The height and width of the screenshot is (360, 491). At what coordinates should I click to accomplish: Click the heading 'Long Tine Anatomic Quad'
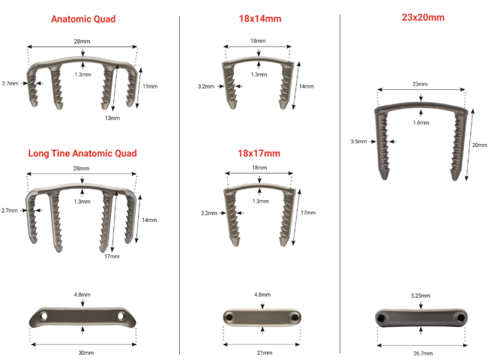[x=82, y=153]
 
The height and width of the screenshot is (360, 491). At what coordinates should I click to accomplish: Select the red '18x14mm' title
[x=259, y=18]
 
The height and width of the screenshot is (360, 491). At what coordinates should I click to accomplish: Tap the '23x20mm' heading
[x=422, y=16]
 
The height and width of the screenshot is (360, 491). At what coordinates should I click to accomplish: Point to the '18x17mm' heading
[x=259, y=153]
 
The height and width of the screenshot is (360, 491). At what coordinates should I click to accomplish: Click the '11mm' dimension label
[x=150, y=87]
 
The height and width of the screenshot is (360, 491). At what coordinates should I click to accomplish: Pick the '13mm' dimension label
[x=112, y=118]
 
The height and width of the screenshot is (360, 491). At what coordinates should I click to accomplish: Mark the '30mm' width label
[x=86, y=352]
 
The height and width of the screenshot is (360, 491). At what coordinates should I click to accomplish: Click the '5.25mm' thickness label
[x=421, y=296]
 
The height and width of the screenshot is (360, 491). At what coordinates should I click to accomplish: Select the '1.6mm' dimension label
[x=421, y=122]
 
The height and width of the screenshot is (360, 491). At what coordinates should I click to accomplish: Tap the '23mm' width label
[x=421, y=85]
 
